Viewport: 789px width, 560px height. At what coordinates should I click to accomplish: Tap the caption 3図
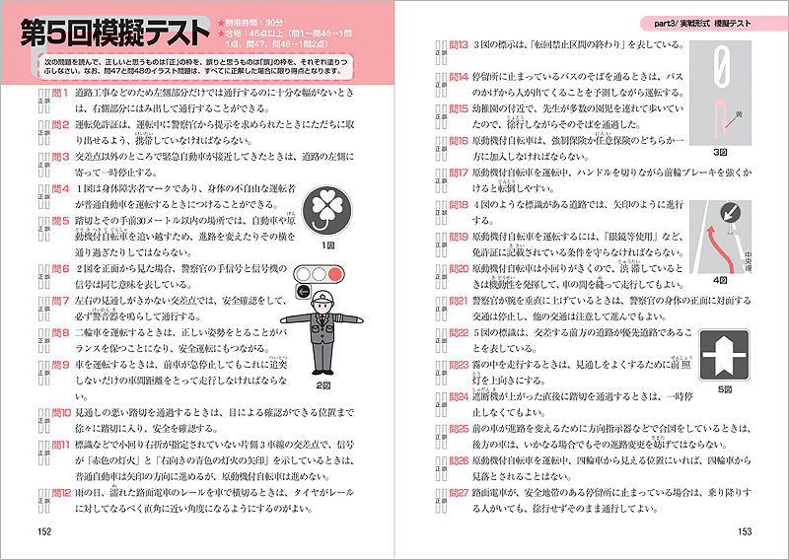(x=718, y=154)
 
